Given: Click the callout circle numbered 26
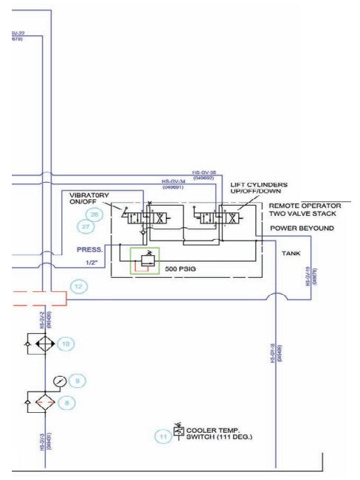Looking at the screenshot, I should [94, 215].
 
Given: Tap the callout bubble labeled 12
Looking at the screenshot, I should [79, 285].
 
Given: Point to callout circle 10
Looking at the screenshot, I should [66, 344].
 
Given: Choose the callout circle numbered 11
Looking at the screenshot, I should [163, 437].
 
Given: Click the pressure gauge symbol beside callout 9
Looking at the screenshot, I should [60, 381].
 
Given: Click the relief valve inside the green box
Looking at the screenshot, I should [145, 259].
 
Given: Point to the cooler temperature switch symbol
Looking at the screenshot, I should [179, 430].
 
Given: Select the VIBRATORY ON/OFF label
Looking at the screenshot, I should [89, 198].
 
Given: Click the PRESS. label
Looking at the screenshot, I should [91, 249].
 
